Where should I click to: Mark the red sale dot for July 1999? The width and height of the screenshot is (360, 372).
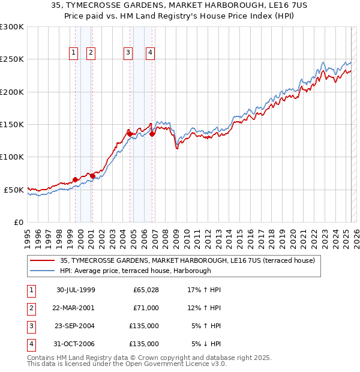pos(76,179)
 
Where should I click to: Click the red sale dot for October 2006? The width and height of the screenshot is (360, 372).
pos(152,134)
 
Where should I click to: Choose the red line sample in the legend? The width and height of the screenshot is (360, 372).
pos(43,261)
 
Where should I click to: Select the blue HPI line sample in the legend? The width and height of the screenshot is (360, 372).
pos(43,271)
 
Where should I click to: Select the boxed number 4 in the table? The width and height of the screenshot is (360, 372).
pos(31,344)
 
